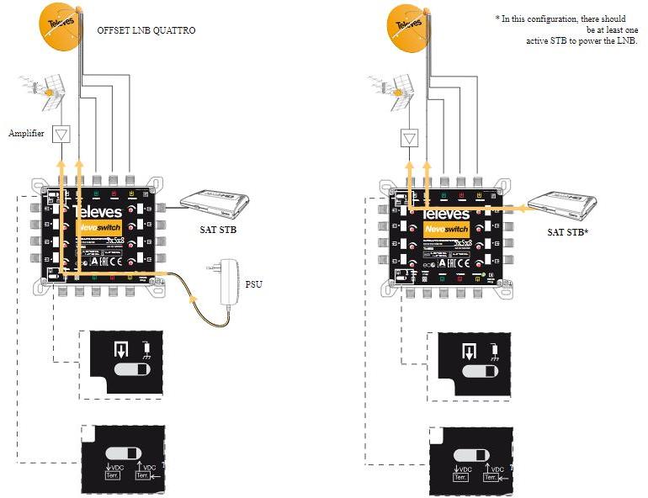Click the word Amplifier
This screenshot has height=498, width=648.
point(26,133)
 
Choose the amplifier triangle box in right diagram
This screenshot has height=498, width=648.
point(411,138)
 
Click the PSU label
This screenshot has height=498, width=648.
point(254,284)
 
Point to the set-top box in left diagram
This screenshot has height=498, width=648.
point(215,202)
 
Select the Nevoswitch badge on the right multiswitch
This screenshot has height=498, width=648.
point(446,228)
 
